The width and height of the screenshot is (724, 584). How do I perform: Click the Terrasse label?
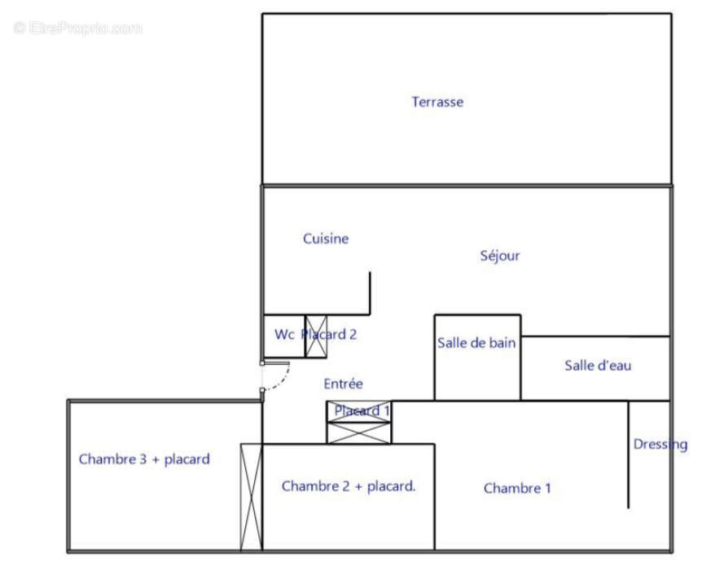(x=437, y=102)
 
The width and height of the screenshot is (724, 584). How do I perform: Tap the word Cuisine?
(x=326, y=239)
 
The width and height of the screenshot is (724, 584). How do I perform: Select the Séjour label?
(x=499, y=256)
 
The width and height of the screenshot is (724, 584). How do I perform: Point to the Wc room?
(x=283, y=335)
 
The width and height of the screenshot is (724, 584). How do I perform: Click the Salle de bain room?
(x=476, y=358)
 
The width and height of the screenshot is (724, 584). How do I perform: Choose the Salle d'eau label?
(x=598, y=366)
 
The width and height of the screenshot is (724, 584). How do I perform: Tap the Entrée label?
(x=343, y=384)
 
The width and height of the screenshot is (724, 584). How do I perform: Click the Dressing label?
(x=660, y=444)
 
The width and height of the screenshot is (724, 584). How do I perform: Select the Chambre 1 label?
(x=517, y=488)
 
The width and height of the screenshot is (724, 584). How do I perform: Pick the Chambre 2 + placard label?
(x=349, y=486)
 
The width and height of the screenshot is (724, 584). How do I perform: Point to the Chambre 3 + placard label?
(x=144, y=459)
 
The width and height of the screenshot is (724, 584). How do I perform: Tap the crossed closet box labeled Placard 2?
(x=316, y=336)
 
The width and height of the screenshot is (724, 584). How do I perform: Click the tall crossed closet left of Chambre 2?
(x=251, y=496)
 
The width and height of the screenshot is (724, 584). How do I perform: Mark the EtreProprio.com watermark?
(x=78, y=29)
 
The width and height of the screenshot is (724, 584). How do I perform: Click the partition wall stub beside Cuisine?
(x=370, y=293)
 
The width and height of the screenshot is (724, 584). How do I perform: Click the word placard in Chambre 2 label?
(x=391, y=486)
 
